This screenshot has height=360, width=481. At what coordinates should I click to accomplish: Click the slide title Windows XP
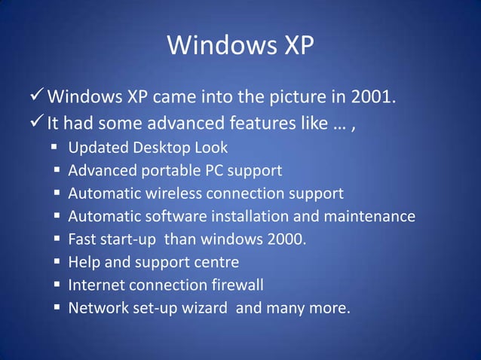point(240,46)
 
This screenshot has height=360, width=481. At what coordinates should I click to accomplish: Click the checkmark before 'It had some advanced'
point(37,121)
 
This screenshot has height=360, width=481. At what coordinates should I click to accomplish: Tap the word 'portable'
point(163,171)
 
